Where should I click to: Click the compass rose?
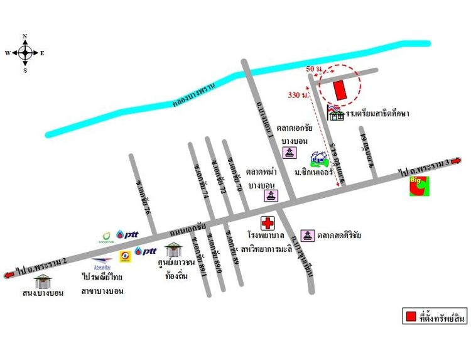tap(25, 53)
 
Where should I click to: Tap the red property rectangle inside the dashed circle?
tap(340, 90)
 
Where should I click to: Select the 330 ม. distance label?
tap(298, 95)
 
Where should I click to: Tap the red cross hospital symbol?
tap(268, 223)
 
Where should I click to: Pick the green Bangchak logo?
tap(109, 236)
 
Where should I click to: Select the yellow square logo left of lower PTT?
tap(126, 256)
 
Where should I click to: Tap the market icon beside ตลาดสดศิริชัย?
tap(308, 236)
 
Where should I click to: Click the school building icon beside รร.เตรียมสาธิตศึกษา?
tap(337, 113)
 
